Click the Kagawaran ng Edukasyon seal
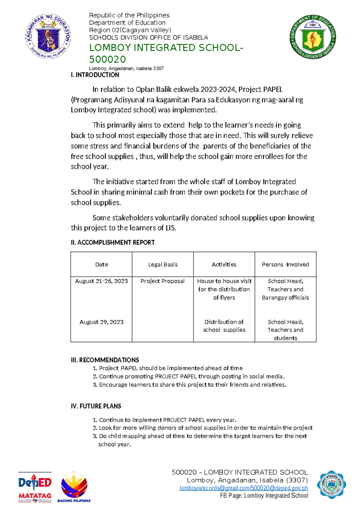click(x=48, y=36)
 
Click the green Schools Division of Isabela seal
click(x=313, y=37)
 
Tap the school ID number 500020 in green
click(x=107, y=59)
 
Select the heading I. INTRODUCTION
click(x=95, y=75)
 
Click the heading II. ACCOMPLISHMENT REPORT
click(x=112, y=242)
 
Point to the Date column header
click(x=101, y=264)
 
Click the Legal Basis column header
click(x=163, y=264)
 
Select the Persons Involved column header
click(x=285, y=264)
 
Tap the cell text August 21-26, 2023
click(x=101, y=281)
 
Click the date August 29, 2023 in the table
click(x=101, y=322)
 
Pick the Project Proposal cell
click(x=162, y=281)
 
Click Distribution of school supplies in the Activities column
click(x=224, y=326)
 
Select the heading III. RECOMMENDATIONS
click(x=105, y=360)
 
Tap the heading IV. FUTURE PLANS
click(x=96, y=406)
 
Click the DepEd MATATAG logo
click(x=35, y=486)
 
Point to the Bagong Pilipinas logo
click(x=74, y=486)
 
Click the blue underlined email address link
click(x=244, y=488)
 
